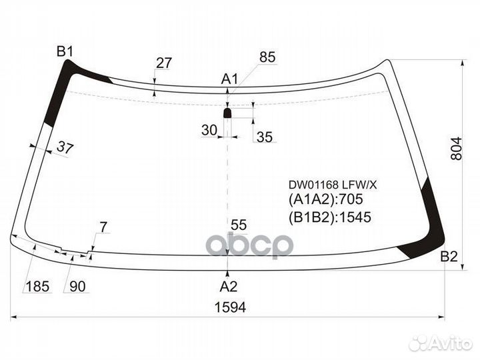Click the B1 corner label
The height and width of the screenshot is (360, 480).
[x=65, y=51]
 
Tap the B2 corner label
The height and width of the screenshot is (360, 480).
[x=449, y=257]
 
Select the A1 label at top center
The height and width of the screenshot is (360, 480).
[x=229, y=79]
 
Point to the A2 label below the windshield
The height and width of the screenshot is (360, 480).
[x=229, y=287]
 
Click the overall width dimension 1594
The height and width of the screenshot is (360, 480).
[x=231, y=307]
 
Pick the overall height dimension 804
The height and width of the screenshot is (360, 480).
[x=456, y=149]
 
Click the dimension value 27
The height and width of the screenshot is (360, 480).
[x=164, y=63]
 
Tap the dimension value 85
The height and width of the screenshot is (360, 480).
[x=267, y=57]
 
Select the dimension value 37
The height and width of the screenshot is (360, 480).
[x=65, y=148]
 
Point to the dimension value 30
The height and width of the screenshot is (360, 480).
[x=209, y=130]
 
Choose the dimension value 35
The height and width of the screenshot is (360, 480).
[x=265, y=137]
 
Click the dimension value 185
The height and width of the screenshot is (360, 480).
[x=37, y=287]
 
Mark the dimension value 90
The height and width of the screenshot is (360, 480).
[x=77, y=287]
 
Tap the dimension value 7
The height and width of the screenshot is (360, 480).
[x=104, y=227]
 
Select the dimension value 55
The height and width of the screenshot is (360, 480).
[x=239, y=225]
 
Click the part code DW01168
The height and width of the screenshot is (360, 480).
[x=313, y=185]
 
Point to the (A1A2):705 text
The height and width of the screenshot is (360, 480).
[x=326, y=199]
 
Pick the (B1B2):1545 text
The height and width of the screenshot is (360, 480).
[x=330, y=217]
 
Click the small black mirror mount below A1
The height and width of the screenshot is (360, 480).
[x=227, y=113]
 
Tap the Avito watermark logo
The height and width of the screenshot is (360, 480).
[x=440, y=343]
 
